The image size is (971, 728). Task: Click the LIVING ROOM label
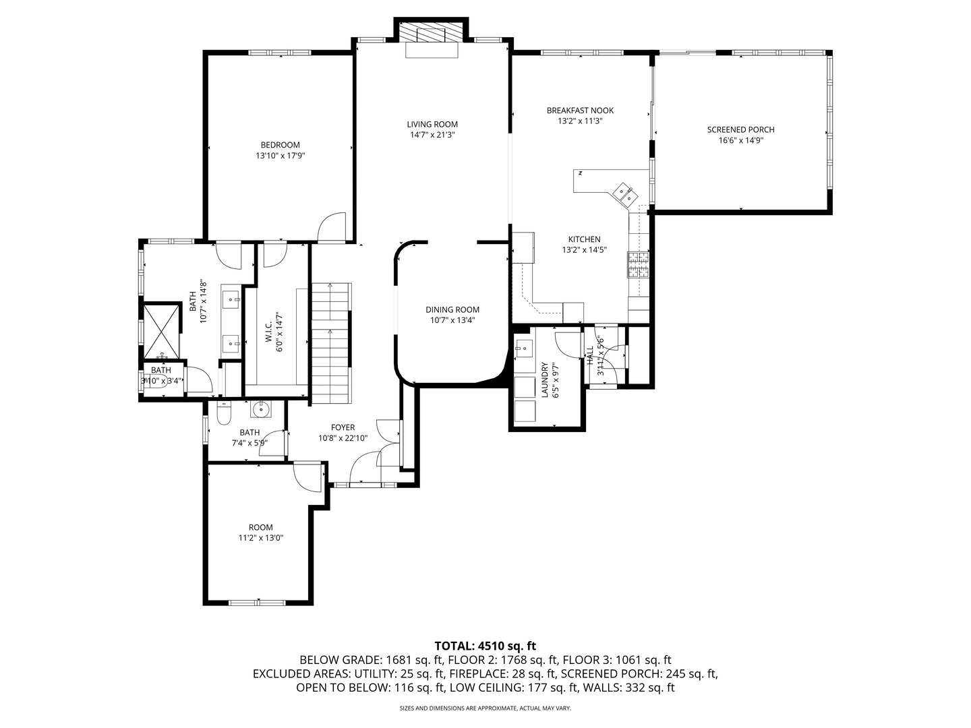click(432, 124)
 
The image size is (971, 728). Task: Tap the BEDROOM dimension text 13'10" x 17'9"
click(281, 156)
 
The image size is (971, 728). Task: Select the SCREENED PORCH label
click(740, 129)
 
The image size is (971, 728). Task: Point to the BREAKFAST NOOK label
click(580, 111)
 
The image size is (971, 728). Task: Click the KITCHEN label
click(584, 239)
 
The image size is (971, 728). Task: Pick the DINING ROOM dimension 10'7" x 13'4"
click(452, 320)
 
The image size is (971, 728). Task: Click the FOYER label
click(343, 427)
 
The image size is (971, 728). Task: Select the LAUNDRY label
click(545, 380)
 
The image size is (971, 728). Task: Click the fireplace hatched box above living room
click(432, 33)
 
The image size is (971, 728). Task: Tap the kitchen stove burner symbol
click(638, 265)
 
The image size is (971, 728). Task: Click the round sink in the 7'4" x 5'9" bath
click(260, 409)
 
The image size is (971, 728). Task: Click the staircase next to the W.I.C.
click(330, 344)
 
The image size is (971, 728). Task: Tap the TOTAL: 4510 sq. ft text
click(485, 646)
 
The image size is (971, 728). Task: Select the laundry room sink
click(523, 348)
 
